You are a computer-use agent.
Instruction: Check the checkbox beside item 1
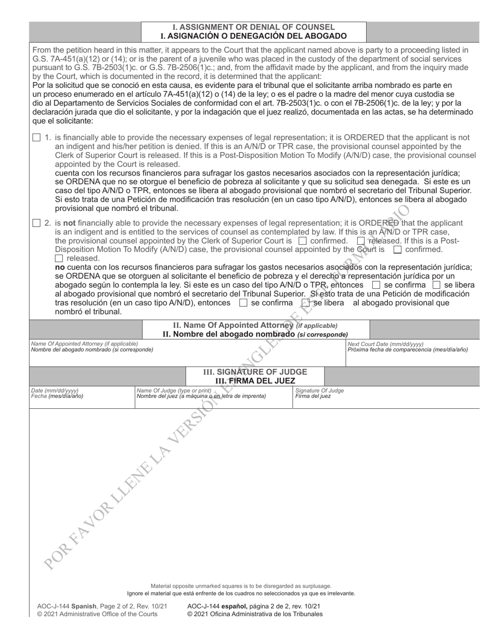pos(36,138)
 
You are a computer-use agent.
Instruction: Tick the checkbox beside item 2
pos(36,223)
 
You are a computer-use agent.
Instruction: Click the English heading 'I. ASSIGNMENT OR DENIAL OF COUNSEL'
pos(254,27)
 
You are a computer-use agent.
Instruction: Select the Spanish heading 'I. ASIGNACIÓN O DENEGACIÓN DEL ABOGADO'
pos(254,36)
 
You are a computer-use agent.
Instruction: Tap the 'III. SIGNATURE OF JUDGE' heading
pos(255,372)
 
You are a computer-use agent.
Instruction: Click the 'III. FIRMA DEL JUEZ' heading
pos(255,381)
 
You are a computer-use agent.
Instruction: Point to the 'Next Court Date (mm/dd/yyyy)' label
pos(385,344)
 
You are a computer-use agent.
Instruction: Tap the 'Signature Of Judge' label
pos(319,390)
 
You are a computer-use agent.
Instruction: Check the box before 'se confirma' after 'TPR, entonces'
pos(376,285)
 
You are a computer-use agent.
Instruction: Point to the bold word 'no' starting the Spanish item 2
pos(60,268)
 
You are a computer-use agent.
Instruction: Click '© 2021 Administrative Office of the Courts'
pos(97,614)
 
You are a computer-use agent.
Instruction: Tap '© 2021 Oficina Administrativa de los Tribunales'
pos(255,614)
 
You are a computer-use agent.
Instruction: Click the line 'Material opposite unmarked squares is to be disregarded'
pos(241,586)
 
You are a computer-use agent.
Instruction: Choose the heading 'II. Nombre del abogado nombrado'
pos(229,334)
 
